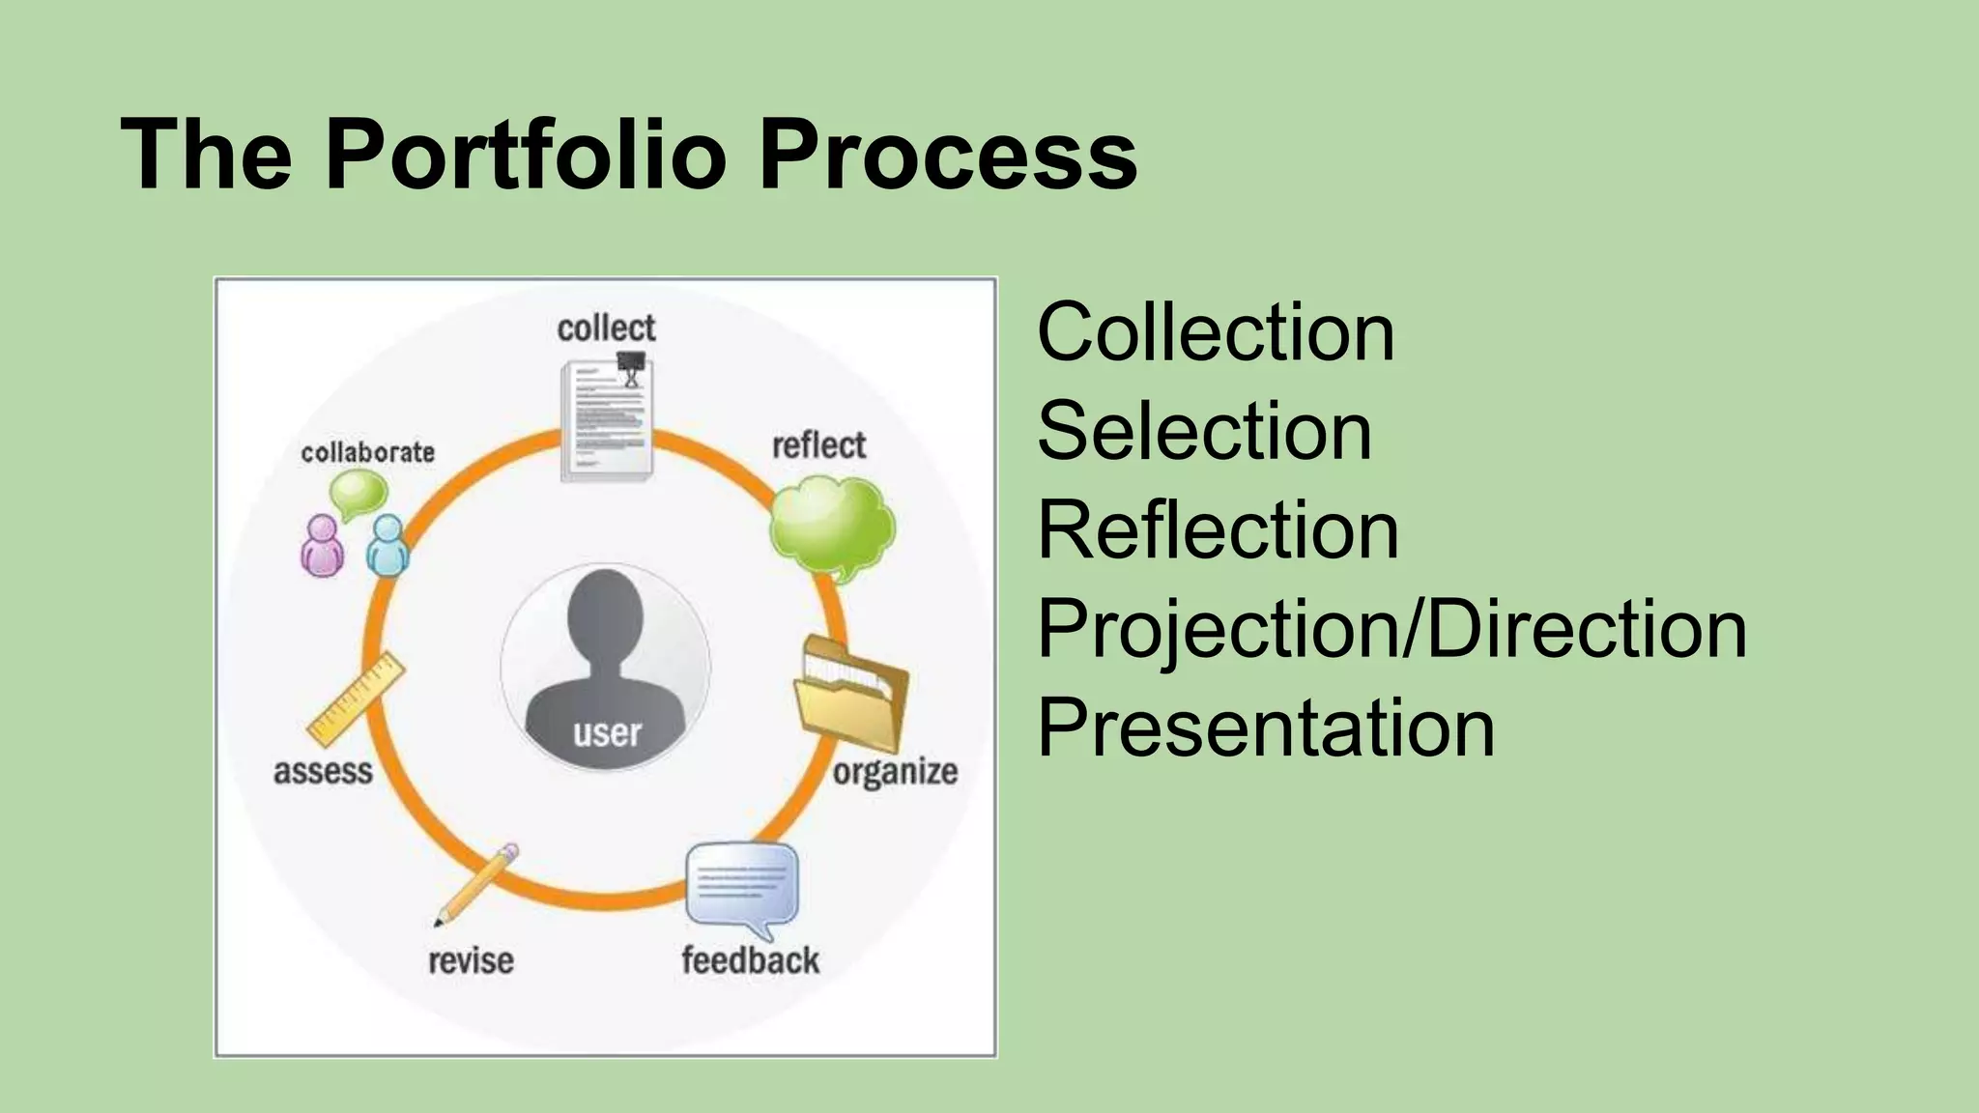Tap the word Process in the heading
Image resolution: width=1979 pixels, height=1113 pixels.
click(948, 155)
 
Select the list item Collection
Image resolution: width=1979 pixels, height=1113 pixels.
click(1216, 332)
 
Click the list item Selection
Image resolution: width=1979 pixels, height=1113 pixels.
click(1204, 431)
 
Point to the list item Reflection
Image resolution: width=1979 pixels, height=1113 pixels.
click(1218, 530)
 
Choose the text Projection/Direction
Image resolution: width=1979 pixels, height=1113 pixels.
click(1391, 630)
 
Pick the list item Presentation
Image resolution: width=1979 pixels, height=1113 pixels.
click(1266, 728)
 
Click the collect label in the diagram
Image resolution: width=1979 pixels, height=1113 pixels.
click(606, 328)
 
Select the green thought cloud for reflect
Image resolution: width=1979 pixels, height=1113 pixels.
click(832, 527)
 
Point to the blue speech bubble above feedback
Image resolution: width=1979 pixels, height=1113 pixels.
click(741, 885)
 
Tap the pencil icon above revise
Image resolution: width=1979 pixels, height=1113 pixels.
click(476, 885)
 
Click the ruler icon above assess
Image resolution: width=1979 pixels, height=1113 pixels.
click(356, 700)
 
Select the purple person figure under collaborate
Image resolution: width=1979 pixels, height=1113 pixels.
click(322, 546)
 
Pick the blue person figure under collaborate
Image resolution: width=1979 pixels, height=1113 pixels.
click(387, 546)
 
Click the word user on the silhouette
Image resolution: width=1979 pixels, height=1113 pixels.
click(607, 733)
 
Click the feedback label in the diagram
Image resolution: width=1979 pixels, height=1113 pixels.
click(750, 960)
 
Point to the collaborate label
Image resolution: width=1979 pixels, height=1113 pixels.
click(367, 452)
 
